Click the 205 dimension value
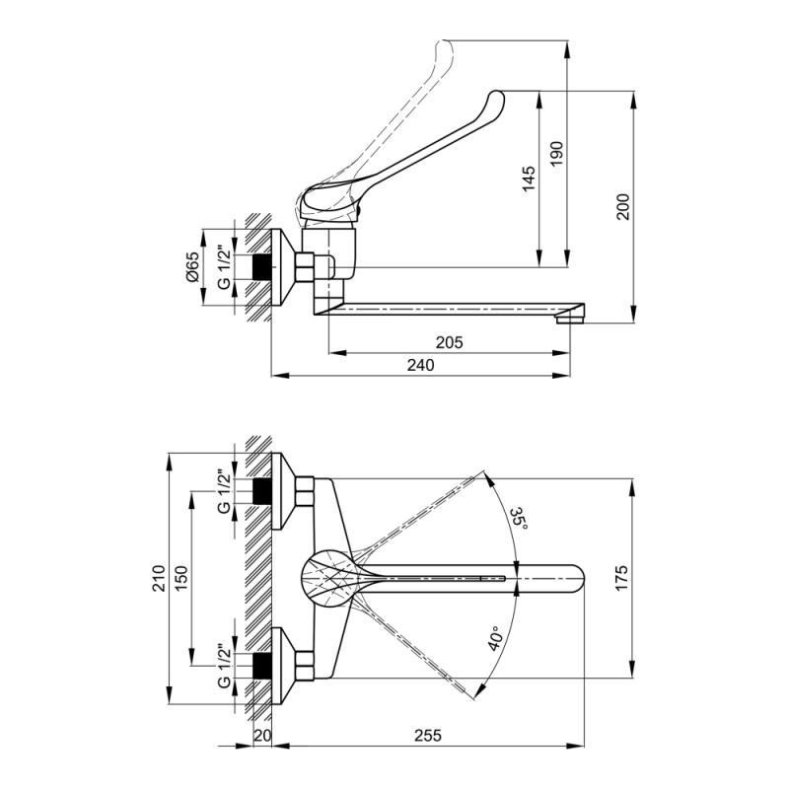tap(449, 342)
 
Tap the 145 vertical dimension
tap(529, 179)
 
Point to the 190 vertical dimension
tap(557, 152)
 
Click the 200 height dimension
tap(622, 205)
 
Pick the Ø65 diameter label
tap(193, 268)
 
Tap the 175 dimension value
tap(622, 575)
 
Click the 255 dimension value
tap(426, 736)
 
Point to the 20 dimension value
tap(261, 736)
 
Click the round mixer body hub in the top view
tap(325, 576)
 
